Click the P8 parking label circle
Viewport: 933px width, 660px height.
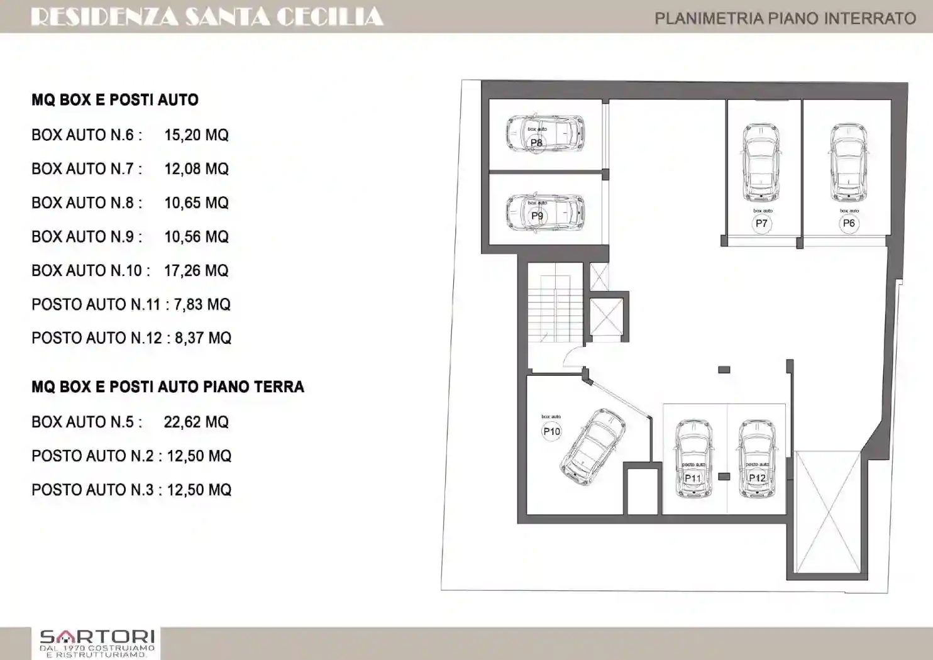[x=536, y=143]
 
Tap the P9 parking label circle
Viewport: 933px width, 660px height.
[x=537, y=216]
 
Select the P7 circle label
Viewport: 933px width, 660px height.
[x=761, y=224]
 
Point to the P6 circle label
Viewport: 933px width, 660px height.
[x=849, y=224]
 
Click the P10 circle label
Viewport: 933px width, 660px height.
[x=551, y=431]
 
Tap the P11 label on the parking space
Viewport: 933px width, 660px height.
[x=692, y=478]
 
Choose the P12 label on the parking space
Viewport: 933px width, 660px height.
[x=757, y=478]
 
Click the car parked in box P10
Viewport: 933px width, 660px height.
[x=593, y=447]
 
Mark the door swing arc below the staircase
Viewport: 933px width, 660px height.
[x=573, y=357]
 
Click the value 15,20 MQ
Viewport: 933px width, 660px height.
[x=196, y=135]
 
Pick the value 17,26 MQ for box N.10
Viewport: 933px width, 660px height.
[x=196, y=271]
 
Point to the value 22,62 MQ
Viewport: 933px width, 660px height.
[x=196, y=422]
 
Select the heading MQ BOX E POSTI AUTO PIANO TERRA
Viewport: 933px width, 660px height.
[x=168, y=387]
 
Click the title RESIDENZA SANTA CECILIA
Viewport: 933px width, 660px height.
[x=207, y=17]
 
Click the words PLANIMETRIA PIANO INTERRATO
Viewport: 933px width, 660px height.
[x=785, y=18]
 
